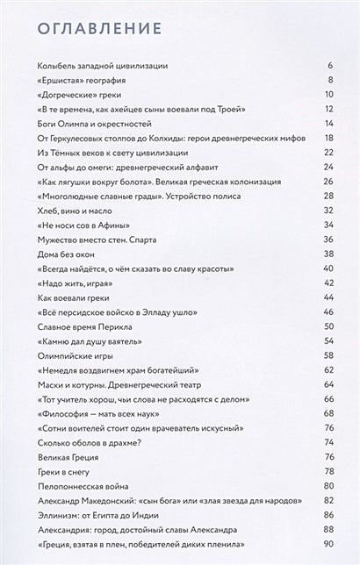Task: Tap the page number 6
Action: coord(330,67)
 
